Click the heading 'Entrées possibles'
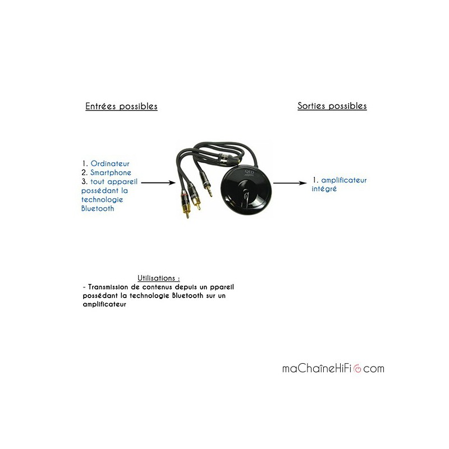(121, 106)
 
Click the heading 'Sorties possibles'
(332, 106)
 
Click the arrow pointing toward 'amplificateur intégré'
(290, 182)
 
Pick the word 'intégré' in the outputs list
(324, 189)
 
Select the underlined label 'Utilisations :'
(159, 278)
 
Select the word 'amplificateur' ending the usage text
(104, 305)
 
